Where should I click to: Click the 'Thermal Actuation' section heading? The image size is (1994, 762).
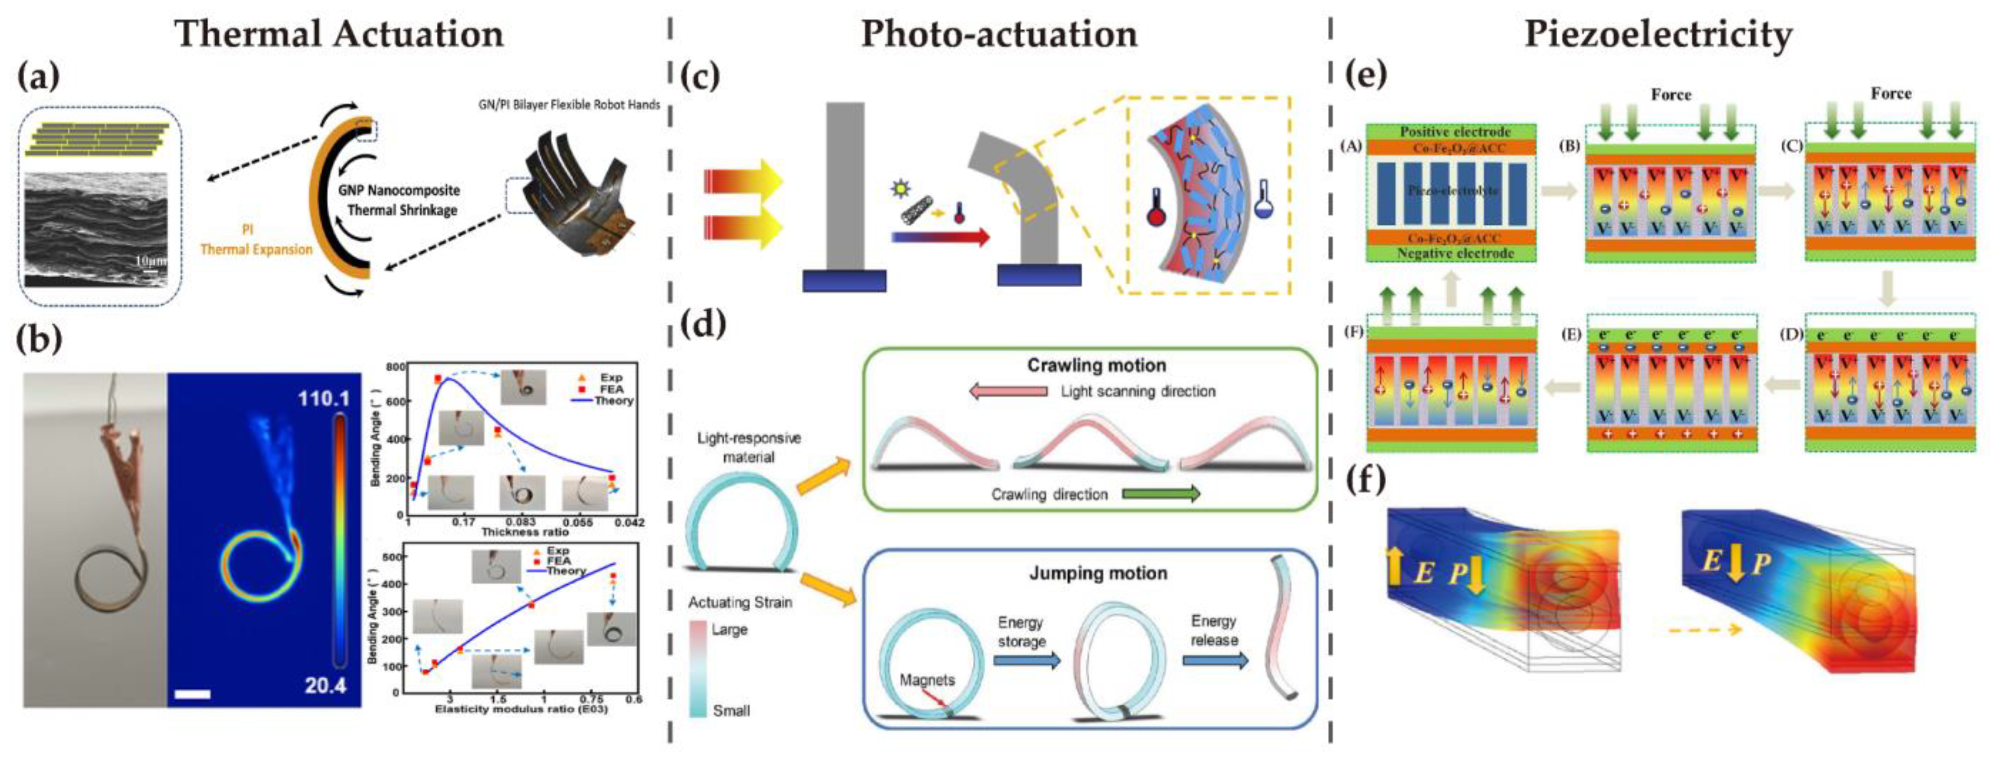tap(338, 34)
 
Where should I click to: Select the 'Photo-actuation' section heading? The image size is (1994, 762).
tap(998, 34)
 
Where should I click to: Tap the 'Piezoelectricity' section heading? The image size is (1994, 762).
tap(1658, 34)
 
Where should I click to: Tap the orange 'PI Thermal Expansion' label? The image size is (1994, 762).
tap(256, 240)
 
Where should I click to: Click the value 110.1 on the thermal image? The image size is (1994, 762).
tap(324, 399)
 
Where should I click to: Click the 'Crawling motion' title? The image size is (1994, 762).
tap(1096, 366)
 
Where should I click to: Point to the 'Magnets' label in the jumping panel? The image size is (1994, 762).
tap(927, 680)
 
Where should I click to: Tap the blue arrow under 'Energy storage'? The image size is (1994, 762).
tap(1026, 661)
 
